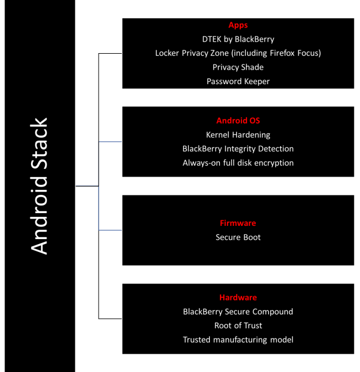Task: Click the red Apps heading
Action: point(238,25)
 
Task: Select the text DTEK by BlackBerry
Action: point(238,39)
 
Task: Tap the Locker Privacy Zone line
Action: point(238,53)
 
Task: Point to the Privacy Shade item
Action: point(238,67)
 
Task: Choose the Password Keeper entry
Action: point(238,81)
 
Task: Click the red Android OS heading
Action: point(238,121)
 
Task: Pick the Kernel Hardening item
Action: point(238,135)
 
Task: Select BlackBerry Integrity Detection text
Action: point(238,148)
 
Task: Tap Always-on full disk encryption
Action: point(238,163)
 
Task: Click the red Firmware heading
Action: point(238,223)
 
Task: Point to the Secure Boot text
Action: point(238,237)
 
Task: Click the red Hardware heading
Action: point(238,297)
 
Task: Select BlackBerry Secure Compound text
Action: point(238,312)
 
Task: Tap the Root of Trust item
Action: point(238,325)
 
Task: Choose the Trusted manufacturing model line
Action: point(238,339)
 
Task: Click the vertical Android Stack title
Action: point(39,186)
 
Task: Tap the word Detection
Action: point(275,148)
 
